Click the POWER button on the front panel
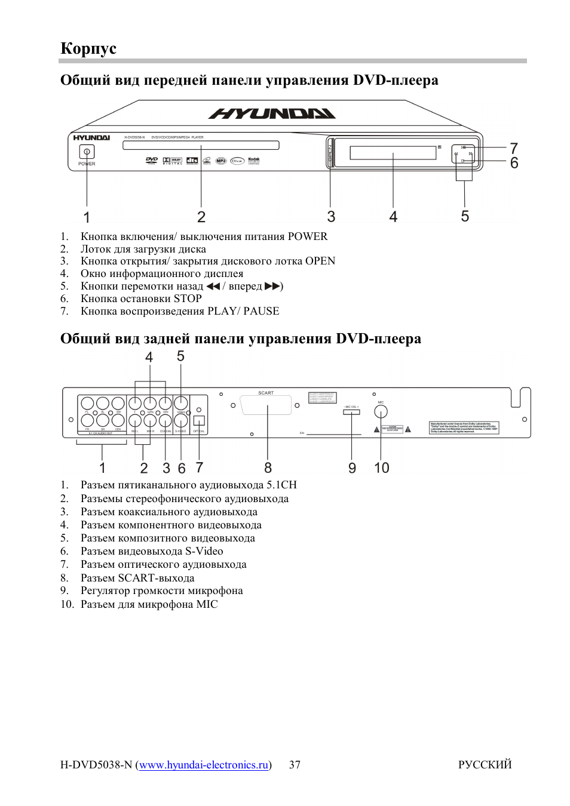coord(87,152)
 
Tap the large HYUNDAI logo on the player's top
coord(272,113)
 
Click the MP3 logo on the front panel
coord(221,161)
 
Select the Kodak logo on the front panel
coord(254,160)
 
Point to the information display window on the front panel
coord(393,152)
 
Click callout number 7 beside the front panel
coord(513,148)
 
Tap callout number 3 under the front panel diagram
coord(331,216)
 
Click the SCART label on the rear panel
coord(266,393)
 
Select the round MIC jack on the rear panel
coord(381,411)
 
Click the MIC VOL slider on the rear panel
coord(351,412)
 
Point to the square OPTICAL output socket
coord(199,420)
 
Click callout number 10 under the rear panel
coord(381,467)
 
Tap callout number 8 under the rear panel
coord(268,467)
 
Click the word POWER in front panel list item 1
coord(307,236)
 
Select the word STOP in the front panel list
coord(187,299)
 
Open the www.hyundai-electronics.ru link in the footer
coord(204,765)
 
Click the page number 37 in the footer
coord(295,765)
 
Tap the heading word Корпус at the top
coord(88,48)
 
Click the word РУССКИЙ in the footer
coord(485,765)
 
